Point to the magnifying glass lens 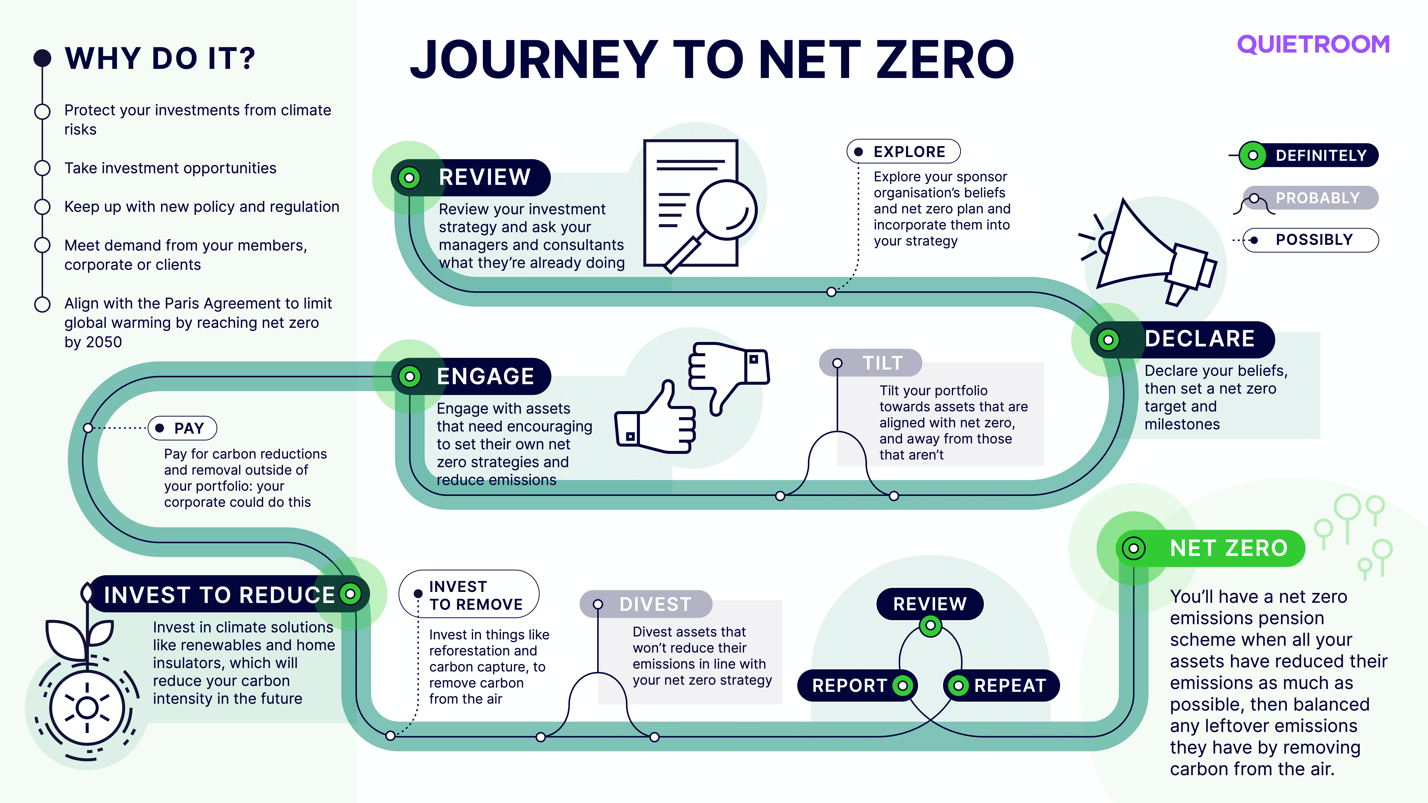coord(726,209)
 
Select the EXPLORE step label coord(904,151)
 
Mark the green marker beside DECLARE coord(1108,340)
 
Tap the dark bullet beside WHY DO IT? coord(43,58)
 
